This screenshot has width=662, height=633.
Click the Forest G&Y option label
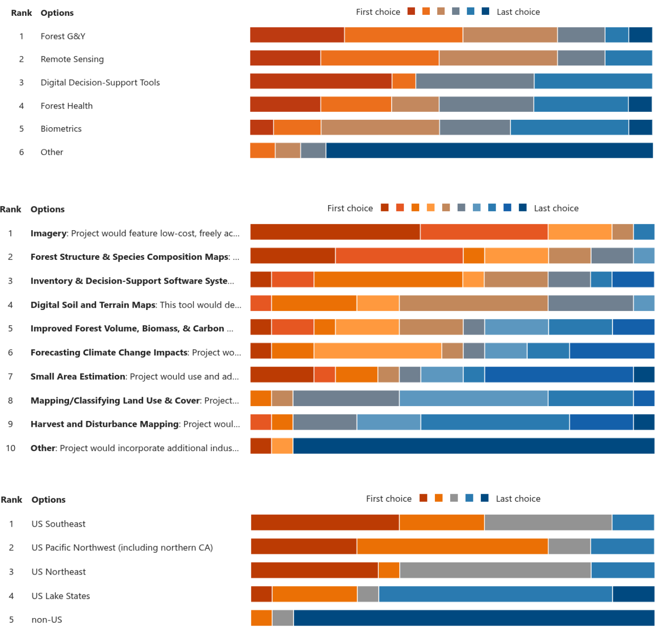63,36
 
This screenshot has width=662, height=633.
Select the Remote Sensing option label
72,59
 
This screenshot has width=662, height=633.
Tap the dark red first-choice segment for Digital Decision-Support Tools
321,81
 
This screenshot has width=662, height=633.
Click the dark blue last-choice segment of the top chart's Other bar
489,150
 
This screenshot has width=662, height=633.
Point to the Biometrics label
61,129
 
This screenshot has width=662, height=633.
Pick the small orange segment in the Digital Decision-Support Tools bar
404,81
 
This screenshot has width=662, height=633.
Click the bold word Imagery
49,233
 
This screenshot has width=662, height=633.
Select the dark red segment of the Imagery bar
335,232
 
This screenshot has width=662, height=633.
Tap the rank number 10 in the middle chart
11,448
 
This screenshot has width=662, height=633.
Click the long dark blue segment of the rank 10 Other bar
473,446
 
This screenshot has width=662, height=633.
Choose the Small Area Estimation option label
78,377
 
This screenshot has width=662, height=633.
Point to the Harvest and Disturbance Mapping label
104,424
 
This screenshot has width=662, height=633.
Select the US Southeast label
58,524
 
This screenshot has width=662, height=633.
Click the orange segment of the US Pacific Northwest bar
452,547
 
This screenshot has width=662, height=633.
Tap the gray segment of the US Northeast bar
495,570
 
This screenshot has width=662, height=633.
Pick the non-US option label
46,620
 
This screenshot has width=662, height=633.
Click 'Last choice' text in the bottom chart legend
518,499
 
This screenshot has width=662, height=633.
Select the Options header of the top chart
57,13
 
